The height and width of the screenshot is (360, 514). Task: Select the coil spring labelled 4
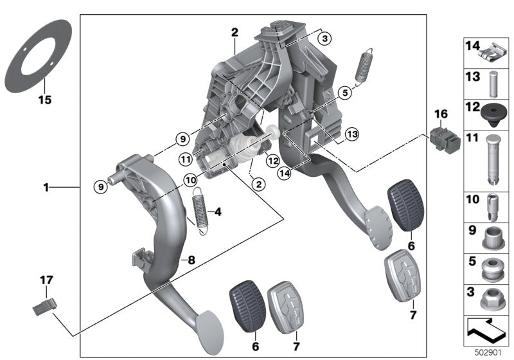[x=200, y=210]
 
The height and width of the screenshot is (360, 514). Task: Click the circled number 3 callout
[x=324, y=39]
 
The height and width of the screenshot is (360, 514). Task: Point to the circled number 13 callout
[x=352, y=134]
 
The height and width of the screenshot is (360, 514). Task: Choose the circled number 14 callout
[x=284, y=173]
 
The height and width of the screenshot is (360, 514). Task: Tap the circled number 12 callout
[x=272, y=161]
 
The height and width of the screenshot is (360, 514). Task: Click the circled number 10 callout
[x=190, y=179]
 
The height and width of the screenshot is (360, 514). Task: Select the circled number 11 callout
[x=186, y=159]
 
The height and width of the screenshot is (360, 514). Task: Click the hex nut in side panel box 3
[x=492, y=299]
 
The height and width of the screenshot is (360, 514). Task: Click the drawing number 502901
[x=488, y=352]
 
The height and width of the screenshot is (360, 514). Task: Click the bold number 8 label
[x=191, y=260]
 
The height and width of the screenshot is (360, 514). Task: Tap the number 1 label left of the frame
[x=46, y=188]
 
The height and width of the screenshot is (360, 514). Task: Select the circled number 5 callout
[x=345, y=93]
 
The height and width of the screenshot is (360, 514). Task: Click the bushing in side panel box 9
[x=493, y=239]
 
